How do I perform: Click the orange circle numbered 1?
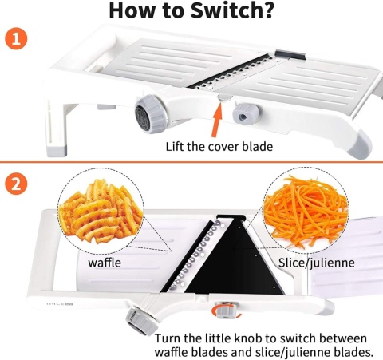pos(16,39)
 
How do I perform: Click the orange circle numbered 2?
pos(16,184)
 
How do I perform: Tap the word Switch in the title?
pos(228,10)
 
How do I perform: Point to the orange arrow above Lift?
pos(216,120)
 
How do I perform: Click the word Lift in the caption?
pos(175,147)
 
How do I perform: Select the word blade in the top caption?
pos(257,147)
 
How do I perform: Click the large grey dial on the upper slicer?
pos(149,114)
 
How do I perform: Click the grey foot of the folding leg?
pos(57,150)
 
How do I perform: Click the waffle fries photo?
pos(101,210)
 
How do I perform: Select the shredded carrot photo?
pos(306,209)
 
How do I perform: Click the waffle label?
pos(105,263)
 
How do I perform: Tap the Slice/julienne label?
pos(316,263)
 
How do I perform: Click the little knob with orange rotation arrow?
pos(225,310)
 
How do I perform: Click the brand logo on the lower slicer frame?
pos(60,304)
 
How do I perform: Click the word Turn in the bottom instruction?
pos(168,338)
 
